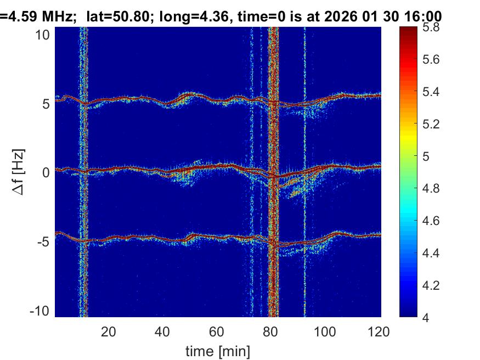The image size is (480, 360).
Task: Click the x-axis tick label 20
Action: pos(108,331)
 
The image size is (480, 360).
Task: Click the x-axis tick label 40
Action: pos(162,331)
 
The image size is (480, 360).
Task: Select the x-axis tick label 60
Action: pos(217,331)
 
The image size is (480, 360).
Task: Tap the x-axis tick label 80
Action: pos(270,331)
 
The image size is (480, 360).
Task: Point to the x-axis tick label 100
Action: pos(325,331)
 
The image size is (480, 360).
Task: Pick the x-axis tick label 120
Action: pos(379,331)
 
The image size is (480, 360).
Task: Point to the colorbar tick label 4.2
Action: pos(427,285)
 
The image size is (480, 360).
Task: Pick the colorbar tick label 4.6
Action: pos(427,221)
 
